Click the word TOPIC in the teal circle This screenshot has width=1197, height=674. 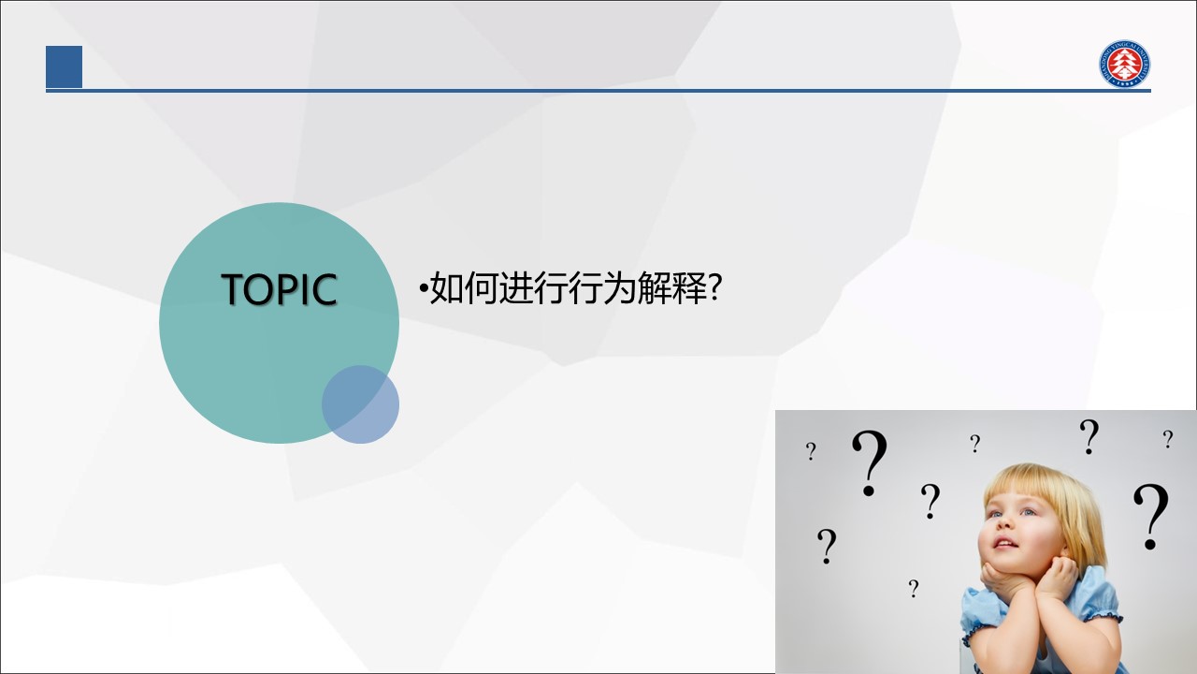[279, 289]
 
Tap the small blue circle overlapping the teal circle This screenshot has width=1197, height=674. [360, 404]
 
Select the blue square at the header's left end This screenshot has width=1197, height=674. [65, 66]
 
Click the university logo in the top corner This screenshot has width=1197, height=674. [1125, 64]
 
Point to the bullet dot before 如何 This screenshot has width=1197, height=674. [424, 289]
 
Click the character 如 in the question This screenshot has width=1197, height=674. [447, 287]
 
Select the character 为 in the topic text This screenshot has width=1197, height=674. [619, 287]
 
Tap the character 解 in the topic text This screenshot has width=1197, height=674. [654, 287]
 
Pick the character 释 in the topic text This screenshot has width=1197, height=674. [689, 287]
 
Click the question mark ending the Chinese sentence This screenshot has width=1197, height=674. [715, 287]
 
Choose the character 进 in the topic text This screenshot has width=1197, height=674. [515, 287]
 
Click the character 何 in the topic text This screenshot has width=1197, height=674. [481, 287]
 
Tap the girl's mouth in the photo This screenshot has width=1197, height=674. [1005, 544]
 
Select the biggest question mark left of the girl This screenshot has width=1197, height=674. [870, 462]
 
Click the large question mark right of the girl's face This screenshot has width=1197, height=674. [1150, 517]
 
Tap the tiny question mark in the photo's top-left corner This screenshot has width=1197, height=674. [811, 451]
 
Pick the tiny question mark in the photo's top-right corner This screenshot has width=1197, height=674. [1168, 439]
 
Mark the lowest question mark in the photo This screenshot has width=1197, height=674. [914, 589]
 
